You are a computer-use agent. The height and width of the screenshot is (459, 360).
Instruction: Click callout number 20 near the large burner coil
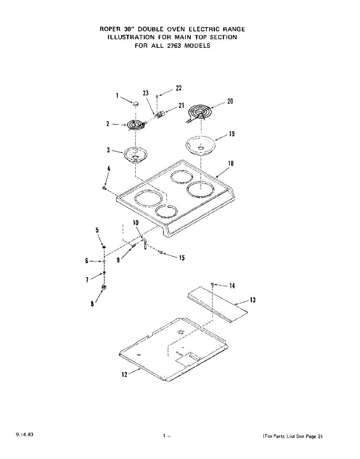[230, 101]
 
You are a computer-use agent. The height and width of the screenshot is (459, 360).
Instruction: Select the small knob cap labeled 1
[135, 103]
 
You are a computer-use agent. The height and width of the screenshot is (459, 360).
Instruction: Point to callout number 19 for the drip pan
[232, 134]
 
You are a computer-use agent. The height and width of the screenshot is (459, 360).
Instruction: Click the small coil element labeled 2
[135, 125]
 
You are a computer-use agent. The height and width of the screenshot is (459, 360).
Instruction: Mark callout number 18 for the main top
[231, 163]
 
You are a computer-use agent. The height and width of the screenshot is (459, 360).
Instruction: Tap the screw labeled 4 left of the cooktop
[104, 188]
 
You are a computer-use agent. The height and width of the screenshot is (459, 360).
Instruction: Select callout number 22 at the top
[178, 88]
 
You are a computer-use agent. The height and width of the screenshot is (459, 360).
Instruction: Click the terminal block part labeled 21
[161, 114]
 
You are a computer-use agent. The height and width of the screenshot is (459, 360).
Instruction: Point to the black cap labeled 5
[104, 248]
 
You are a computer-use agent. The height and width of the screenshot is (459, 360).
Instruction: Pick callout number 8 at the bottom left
[92, 304]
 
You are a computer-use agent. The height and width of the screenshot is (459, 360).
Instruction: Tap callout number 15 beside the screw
[182, 258]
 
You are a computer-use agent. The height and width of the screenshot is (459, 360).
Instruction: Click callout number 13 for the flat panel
[253, 300]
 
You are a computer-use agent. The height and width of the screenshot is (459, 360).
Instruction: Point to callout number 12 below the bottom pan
[124, 374]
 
